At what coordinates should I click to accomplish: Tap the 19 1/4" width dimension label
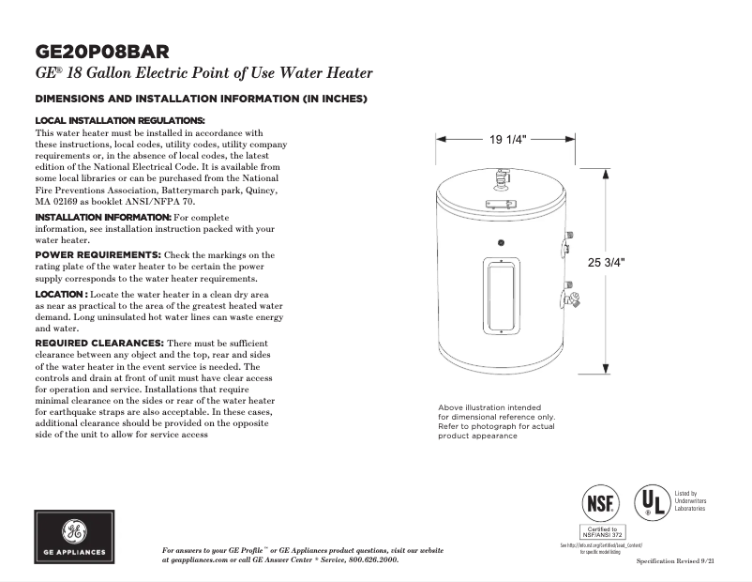point(508,140)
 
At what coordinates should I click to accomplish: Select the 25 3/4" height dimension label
point(606,263)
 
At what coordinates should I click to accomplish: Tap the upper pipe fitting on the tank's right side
point(567,246)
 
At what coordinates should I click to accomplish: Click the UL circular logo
point(650,504)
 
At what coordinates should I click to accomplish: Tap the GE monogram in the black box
point(74,530)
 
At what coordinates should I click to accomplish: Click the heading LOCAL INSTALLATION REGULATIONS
point(119,121)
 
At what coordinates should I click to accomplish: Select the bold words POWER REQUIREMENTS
point(97,254)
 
